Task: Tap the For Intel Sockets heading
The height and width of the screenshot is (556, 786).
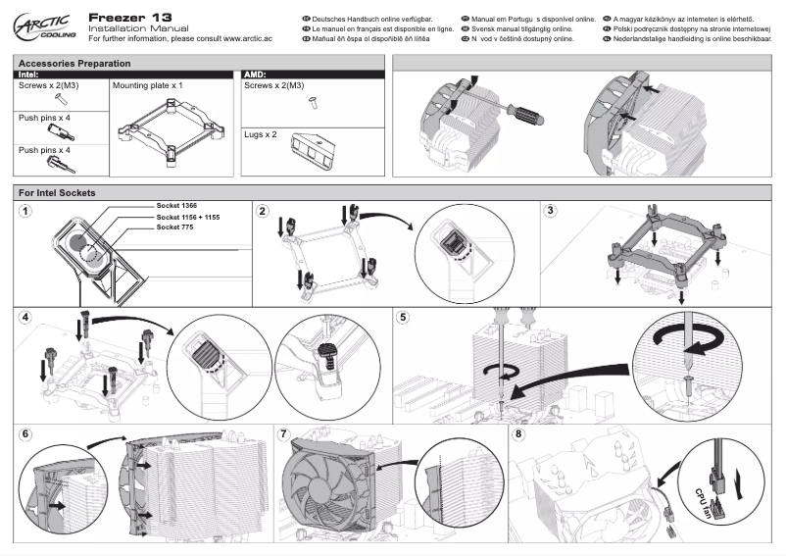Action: (57, 192)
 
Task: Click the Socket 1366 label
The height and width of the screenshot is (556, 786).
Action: (176, 205)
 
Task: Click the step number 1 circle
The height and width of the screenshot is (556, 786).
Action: (25, 211)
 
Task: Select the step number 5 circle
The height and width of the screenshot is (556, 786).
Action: (404, 318)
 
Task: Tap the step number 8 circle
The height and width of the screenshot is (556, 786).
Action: (519, 433)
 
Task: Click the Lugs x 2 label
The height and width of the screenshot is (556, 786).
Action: (260, 133)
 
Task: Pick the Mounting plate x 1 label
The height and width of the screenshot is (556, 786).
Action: (148, 85)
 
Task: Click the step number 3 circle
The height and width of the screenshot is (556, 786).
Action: (551, 211)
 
